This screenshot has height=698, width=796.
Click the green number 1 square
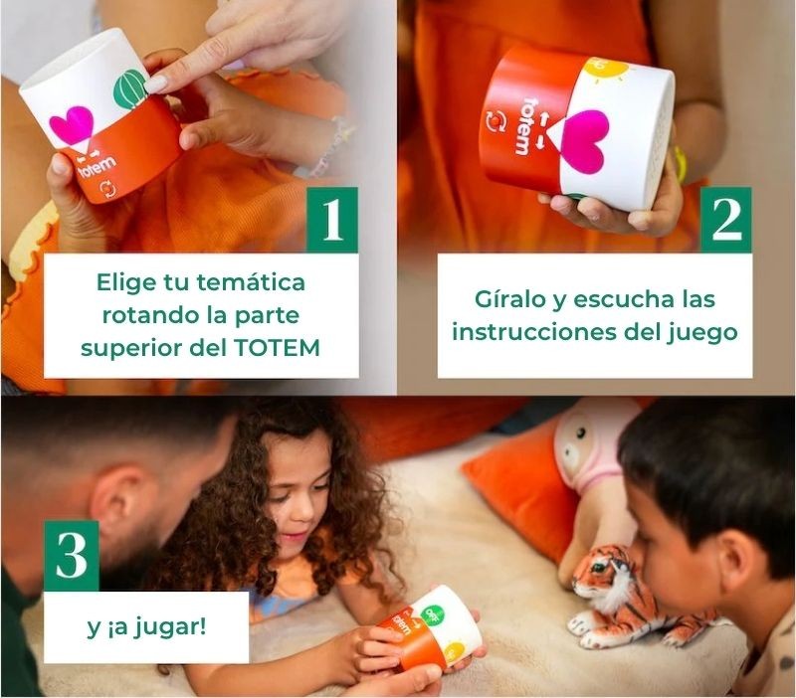(332, 220)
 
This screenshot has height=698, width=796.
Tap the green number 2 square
(726, 220)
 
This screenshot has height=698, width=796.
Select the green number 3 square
(71, 556)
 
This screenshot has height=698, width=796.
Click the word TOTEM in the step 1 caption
(278, 348)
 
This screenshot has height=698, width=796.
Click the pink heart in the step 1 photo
(72, 125)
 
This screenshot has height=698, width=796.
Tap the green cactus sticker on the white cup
(130, 88)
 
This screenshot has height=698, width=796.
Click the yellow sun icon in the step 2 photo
(605, 69)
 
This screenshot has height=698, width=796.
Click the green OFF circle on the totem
(433, 613)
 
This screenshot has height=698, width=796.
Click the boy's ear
(736, 567)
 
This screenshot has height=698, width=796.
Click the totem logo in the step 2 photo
(524, 126)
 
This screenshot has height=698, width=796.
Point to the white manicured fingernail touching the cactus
(157, 84)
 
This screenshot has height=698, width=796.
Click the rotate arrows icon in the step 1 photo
(108, 189)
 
